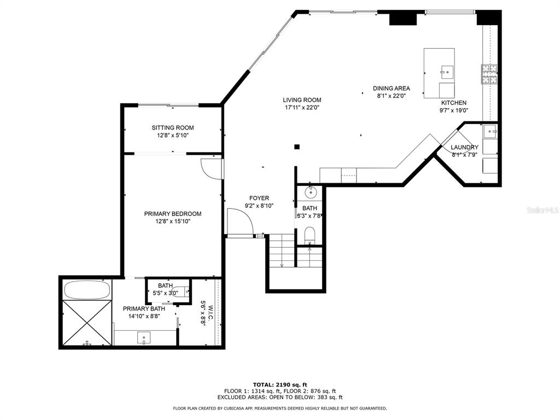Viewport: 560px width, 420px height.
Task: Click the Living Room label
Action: pos(302,100)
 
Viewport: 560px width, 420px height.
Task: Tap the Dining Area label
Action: pos(392,88)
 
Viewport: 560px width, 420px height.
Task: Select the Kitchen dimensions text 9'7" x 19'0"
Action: pos(453,110)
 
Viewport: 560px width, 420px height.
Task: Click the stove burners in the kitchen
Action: pos(489,74)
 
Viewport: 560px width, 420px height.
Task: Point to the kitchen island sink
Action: pos(447,72)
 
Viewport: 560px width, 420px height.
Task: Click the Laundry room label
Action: pos(464,147)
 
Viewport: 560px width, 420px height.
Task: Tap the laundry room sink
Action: pos(490,132)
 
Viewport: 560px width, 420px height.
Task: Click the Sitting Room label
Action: pos(173,127)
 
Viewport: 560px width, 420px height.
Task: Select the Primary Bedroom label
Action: pos(173,214)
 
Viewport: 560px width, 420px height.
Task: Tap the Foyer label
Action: pos(259,198)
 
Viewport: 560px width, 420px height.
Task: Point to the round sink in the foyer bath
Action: pos(311,192)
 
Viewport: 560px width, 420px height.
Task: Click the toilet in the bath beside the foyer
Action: pos(310,235)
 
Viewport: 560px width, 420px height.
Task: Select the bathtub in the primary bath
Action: pos(86,290)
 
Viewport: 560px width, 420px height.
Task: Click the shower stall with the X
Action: pos(87,323)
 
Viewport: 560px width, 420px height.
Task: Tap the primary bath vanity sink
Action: pos(144,337)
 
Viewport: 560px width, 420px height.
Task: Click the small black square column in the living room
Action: pos(297,147)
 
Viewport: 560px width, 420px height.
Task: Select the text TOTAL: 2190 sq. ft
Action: pos(280,384)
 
